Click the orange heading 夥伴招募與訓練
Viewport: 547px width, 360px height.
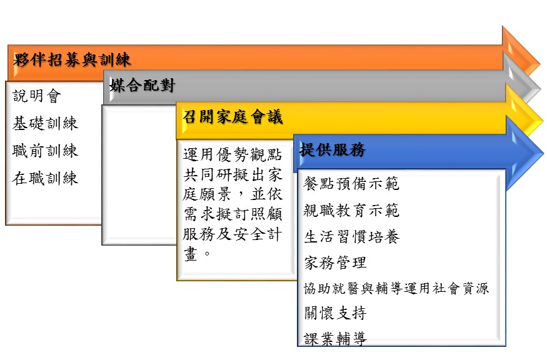click(x=73, y=59)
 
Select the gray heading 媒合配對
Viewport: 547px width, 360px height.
click(x=143, y=86)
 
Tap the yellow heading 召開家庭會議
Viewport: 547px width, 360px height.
click(x=233, y=117)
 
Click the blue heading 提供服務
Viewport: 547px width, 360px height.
click(x=333, y=149)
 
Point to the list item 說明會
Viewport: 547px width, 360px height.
click(x=37, y=96)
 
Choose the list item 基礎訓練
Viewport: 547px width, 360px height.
click(x=46, y=124)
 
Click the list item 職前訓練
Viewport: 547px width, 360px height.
click(x=46, y=151)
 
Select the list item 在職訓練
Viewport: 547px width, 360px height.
click(x=46, y=178)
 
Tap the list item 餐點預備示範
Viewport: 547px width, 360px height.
click(x=351, y=184)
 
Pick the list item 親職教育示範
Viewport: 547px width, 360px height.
click(x=351, y=211)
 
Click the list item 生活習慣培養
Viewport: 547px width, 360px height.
click(x=351, y=237)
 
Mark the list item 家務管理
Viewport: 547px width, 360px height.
click(x=335, y=262)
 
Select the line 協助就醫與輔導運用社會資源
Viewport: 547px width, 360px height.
click(x=396, y=289)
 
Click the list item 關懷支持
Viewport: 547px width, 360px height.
click(x=335, y=313)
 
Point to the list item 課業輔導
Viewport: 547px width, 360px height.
click(x=335, y=338)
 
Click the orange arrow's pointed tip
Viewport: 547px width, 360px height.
click(x=539, y=64)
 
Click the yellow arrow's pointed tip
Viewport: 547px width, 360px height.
click(x=543, y=121)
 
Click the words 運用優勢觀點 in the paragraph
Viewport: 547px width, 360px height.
click(x=233, y=154)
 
